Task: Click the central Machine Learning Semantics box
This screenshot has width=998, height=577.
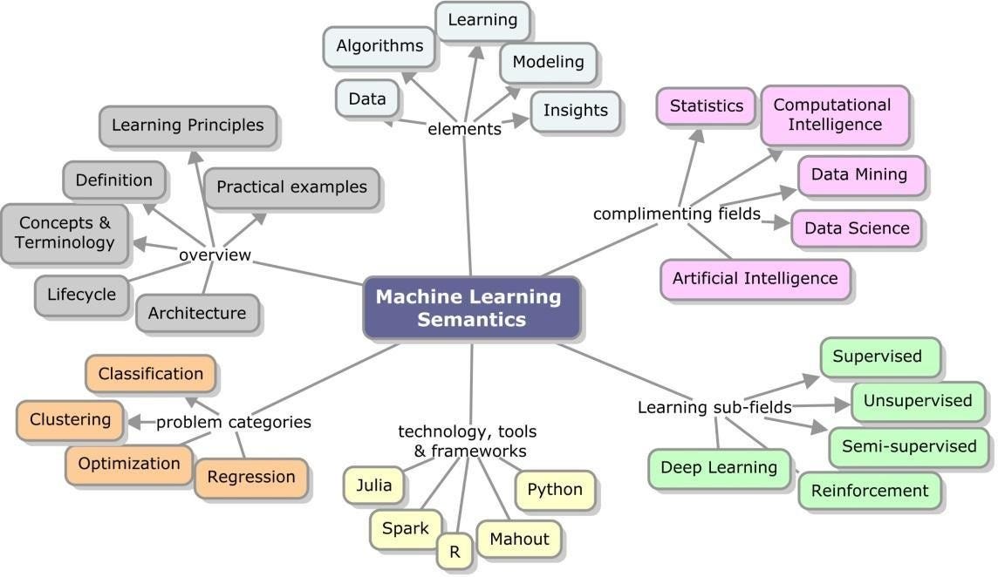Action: tap(471, 308)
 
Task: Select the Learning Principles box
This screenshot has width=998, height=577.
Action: tap(188, 126)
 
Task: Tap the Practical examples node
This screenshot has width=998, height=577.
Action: tap(291, 187)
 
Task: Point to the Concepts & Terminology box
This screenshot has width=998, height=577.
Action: tap(65, 233)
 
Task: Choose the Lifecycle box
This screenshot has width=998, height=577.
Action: tap(81, 295)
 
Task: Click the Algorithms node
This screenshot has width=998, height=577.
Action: tap(379, 46)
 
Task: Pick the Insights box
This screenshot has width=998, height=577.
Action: tap(576, 111)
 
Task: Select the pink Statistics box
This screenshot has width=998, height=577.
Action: tap(707, 106)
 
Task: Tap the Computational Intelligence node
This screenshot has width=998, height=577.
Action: tap(834, 114)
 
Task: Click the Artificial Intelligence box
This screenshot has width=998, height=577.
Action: tap(755, 279)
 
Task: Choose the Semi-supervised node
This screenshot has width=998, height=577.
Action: tap(908, 446)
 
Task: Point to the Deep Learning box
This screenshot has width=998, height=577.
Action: tap(719, 467)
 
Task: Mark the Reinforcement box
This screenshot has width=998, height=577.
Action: tap(870, 491)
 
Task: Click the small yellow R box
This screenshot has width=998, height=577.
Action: tap(455, 551)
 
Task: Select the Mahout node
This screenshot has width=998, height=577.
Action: tap(519, 539)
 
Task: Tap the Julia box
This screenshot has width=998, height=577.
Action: tap(374, 485)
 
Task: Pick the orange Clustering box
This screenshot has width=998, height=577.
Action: tap(71, 420)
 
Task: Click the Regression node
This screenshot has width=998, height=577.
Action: tap(251, 478)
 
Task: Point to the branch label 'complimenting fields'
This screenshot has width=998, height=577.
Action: tap(677, 214)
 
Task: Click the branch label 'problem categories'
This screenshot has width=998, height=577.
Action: tap(234, 422)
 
